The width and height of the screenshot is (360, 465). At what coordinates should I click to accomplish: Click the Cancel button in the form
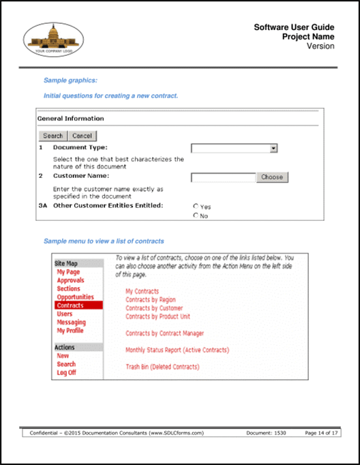coord(82,136)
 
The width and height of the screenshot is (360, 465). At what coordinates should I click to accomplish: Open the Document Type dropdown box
coord(234,147)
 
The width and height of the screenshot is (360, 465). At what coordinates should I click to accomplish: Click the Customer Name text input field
coord(223,177)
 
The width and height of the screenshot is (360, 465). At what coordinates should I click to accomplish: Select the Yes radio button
coord(196,206)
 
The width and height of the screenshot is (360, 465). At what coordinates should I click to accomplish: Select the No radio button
coord(196,216)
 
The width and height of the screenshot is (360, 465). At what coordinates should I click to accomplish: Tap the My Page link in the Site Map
coord(68,272)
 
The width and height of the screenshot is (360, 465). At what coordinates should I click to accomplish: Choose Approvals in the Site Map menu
coord(70,280)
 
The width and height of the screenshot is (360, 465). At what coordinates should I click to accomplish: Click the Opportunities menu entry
coord(75,297)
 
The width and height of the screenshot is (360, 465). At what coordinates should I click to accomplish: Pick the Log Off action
coord(66,373)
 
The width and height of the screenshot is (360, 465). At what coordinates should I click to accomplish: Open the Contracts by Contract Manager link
coord(164,333)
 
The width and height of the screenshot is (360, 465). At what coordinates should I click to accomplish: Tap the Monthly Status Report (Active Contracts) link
coord(177,350)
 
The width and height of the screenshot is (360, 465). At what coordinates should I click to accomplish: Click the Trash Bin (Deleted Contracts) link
coord(162,367)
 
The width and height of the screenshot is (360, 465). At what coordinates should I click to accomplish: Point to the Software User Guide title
coord(294,27)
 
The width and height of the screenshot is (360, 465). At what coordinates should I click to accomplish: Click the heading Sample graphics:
coord(70,80)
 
